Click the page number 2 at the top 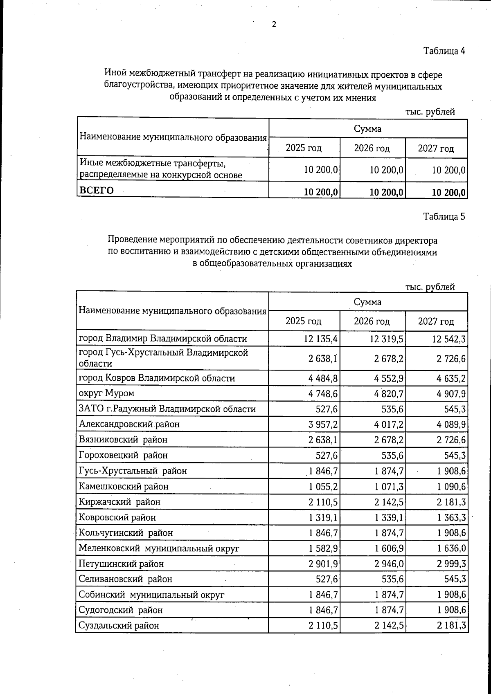click(274, 25)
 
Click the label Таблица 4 click(444, 51)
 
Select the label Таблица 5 click(444, 217)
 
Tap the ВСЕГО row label click(97, 191)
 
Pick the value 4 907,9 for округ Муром click(449, 394)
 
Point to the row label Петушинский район click(121, 564)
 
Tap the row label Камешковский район click(124, 487)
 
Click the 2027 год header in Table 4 click(436, 148)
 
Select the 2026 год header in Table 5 click(372, 321)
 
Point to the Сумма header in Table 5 click(367, 302)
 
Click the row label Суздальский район click(119, 626)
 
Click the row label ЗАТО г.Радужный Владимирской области click(167, 409)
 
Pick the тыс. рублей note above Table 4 click(430, 112)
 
